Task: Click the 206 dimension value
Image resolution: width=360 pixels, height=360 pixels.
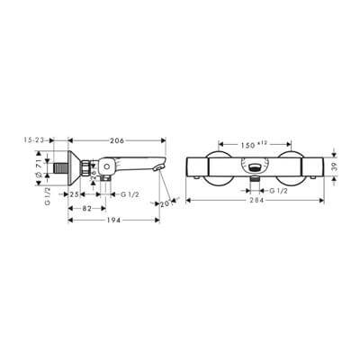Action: tap(117, 141)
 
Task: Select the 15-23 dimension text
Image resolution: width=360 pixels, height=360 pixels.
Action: tap(39, 141)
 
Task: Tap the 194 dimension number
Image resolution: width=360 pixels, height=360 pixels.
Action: tap(111, 220)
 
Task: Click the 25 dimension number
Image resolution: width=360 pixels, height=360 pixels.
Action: tap(77, 194)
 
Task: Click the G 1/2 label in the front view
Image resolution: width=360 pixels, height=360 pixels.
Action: tap(276, 189)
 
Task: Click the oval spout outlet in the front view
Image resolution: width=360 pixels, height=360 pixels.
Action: tap(256, 166)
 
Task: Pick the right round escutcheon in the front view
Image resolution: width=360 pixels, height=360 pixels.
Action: tap(292, 168)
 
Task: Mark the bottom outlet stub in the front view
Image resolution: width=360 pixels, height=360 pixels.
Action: tap(256, 183)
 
